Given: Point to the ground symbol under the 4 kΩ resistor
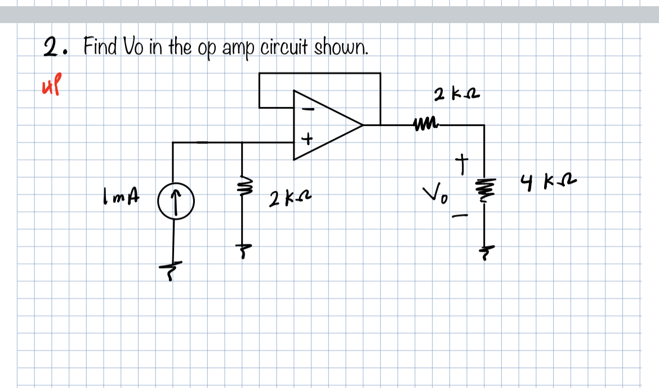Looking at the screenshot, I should click(x=484, y=249).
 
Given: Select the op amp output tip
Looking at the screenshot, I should click(x=363, y=124).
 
